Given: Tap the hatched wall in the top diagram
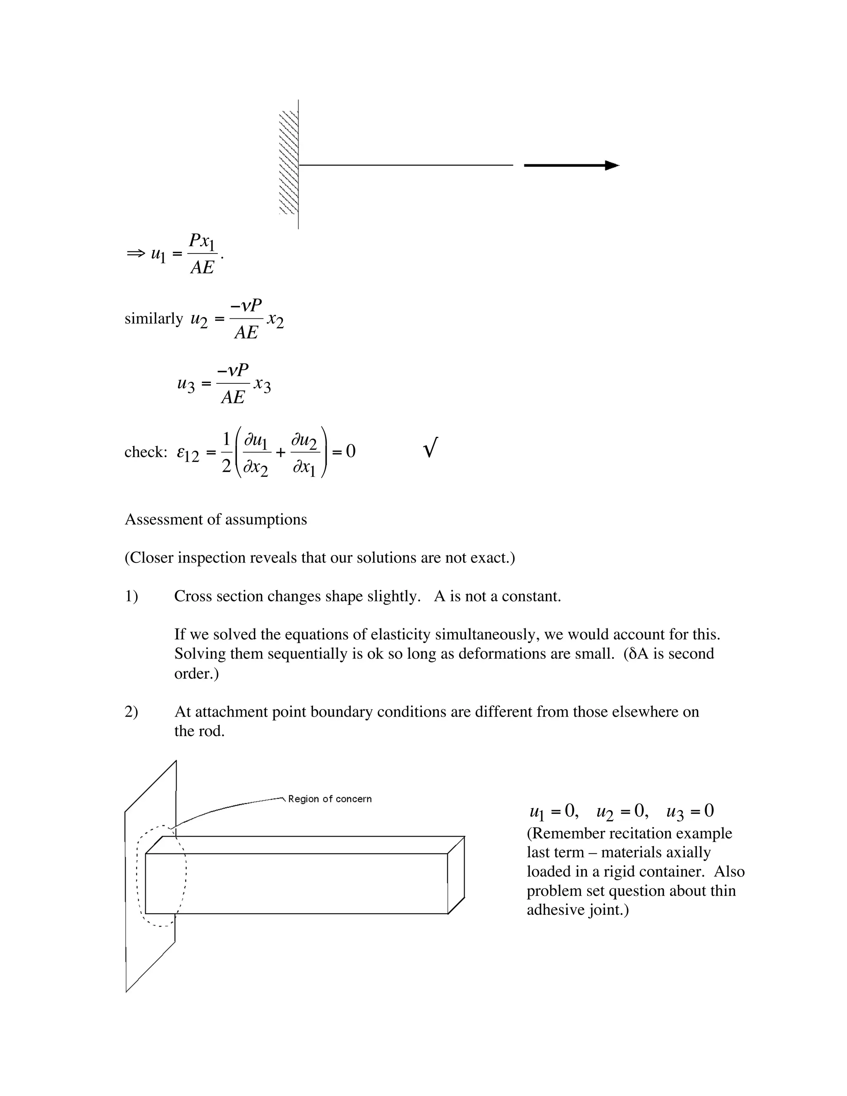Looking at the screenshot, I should tap(289, 163).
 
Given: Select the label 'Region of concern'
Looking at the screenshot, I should tap(330, 799).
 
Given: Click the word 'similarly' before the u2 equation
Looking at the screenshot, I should tap(153, 318).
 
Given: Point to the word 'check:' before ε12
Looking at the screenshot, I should tap(146, 452).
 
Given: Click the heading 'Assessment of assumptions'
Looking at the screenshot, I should tap(216, 519).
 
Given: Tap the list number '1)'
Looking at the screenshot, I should tap(131, 596).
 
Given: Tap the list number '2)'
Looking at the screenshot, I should tap(131, 712).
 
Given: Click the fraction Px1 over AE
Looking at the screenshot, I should tap(202, 254).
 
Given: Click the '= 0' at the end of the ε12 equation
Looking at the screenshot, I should tap(344, 452).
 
